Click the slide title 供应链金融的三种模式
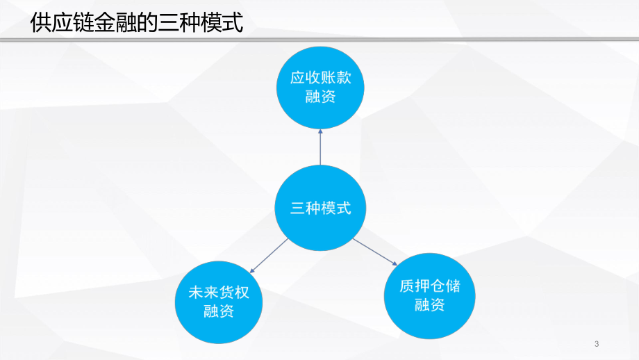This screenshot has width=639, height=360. pyautogui.click(x=137, y=24)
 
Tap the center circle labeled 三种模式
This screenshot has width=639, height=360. pyautogui.click(x=320, y=208)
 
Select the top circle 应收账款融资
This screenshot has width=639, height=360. pyautogui.click(x=320, y=88)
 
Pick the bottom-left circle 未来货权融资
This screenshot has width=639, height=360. pyautogui.click(x=218, y=301)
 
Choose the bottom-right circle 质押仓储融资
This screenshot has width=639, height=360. pyautogui.click(x=429, y=295)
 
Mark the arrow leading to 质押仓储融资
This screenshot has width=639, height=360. pyautogui.click(x=375, y=252)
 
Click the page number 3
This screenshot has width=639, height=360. pyautogui.click(x=597, y=344)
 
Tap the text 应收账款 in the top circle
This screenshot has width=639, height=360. pyautogui.click(x=320, y=78)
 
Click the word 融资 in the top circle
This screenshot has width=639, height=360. pyautogui.click(x=320, y=97)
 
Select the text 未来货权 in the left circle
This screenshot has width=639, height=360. pyautogui.click(x=218, y=292)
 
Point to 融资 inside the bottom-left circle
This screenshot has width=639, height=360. pyautogui.click(x=218, y=311)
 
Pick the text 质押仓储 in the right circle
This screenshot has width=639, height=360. pyautogui.click(x=429, y=286)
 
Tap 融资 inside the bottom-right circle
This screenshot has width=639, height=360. pyautogui.click(x=429, y=304)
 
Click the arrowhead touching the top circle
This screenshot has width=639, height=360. pyautogui.click(x=320, y=132)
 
